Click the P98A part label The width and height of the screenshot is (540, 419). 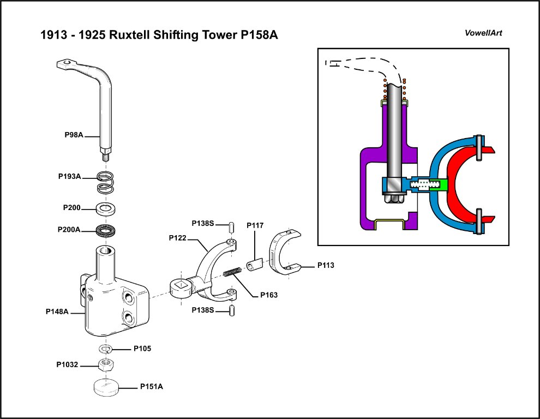[x=73, y=135]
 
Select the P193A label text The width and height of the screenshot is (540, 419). [x=69, y=177]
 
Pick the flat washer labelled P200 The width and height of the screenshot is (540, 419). [x=108, y=208]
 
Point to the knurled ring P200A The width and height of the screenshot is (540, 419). [x=108, y=230]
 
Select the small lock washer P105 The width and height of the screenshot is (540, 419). [x=105, y=349]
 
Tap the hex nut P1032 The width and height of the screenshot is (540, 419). [x=106, y=364]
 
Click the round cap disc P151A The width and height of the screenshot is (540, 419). [x=107, y=388]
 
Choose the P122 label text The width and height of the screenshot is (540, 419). [x=178, y=238]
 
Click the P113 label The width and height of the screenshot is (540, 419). [x=326, y=266]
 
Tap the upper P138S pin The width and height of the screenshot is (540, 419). [x=232, y=226]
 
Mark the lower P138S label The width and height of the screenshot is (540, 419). [x=202, y=310]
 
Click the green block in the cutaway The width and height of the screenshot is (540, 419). [x=442, y=185]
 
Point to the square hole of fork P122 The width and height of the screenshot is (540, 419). [x=180, y=286]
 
